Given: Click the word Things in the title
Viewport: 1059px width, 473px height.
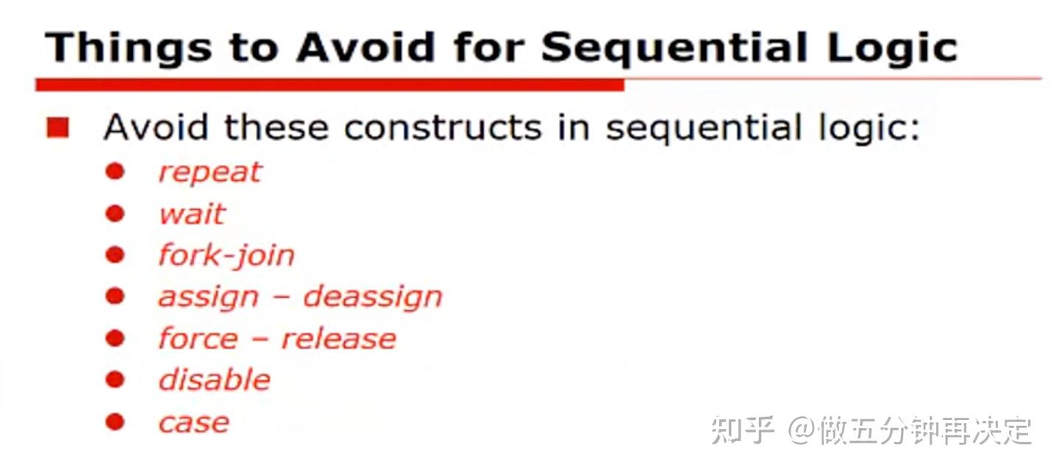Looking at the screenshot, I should coord(117,47).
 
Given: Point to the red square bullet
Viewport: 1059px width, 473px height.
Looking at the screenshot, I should coord(57,129).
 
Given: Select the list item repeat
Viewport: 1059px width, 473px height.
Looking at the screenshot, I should coord(210,172).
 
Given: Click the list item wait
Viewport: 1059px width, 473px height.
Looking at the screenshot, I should coord(192,214).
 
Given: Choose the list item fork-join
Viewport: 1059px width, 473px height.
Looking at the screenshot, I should coord(227,256).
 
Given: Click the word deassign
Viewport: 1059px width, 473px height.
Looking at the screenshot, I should coord(373,297).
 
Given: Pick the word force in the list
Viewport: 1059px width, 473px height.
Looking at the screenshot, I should coord(198,339).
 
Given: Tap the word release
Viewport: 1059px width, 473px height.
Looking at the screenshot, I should coord(338,339).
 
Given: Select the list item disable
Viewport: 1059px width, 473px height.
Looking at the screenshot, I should coord(215,380).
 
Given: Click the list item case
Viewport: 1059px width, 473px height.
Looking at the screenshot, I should coord(194,423).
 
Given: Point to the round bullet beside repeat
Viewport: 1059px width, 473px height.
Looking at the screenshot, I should coord(115,171).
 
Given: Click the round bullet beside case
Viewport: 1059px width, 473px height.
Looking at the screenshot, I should coord(115,422).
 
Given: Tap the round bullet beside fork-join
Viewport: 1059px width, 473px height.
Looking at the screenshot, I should coord(115,255).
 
